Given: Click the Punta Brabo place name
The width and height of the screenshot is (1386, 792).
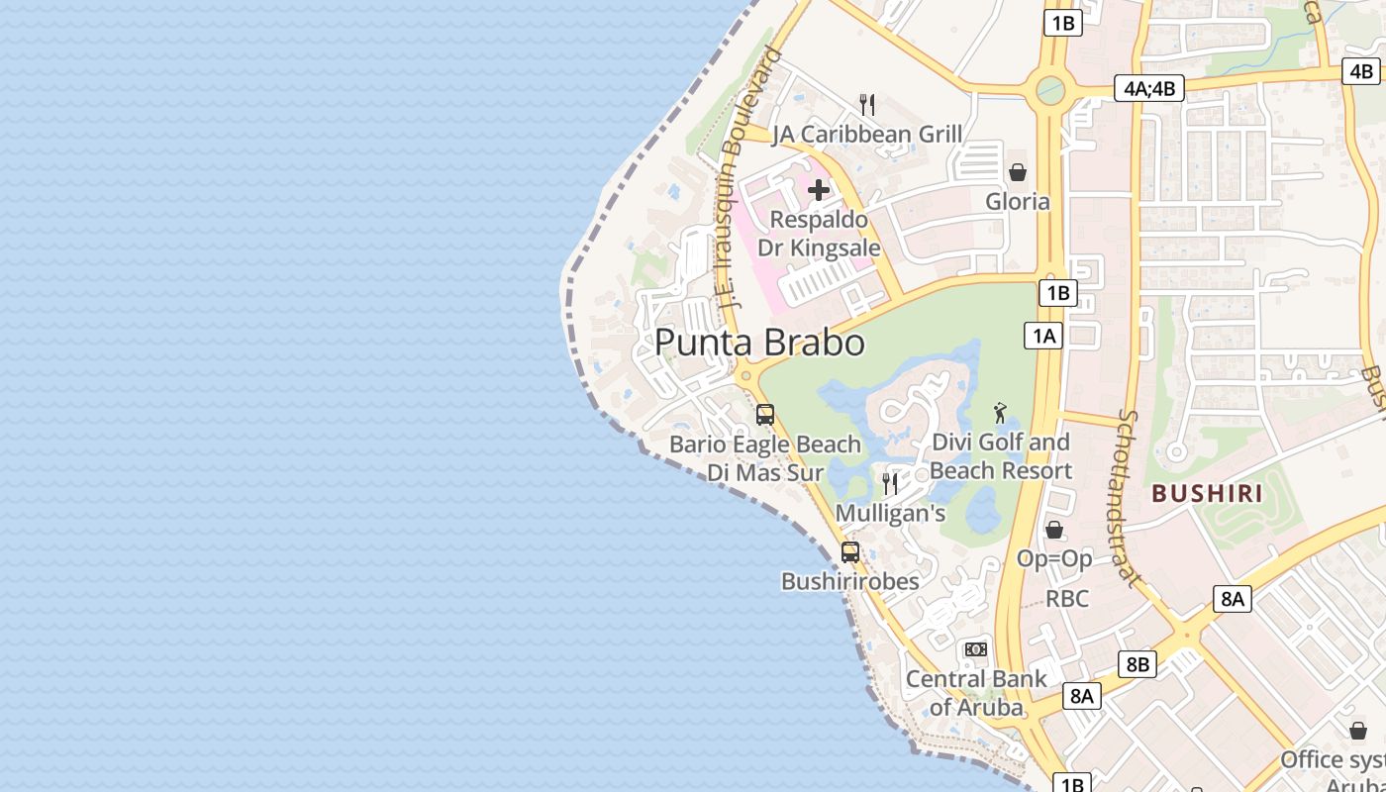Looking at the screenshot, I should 759,343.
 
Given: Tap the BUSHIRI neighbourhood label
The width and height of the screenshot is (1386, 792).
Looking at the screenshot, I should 1207,493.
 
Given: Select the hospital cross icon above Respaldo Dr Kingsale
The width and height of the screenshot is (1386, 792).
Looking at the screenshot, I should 819,190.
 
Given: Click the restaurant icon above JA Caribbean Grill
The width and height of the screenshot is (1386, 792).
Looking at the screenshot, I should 867,105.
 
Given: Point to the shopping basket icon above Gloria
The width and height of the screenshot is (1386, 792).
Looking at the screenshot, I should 1017,173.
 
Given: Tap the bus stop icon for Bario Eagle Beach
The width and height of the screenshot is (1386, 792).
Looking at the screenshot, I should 765,415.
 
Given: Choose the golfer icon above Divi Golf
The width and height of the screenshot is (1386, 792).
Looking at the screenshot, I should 1001,413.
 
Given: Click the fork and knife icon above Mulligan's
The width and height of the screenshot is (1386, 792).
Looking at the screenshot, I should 890,483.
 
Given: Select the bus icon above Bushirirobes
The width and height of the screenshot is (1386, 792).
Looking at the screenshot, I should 850,552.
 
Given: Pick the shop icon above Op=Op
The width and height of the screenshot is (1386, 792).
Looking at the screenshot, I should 1054,531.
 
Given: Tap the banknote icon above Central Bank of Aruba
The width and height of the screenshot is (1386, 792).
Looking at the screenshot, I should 976,649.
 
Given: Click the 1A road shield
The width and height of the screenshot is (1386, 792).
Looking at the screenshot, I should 1043,337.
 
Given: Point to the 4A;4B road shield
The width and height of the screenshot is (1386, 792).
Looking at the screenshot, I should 1148,88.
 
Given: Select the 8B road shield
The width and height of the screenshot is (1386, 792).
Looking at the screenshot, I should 1137,664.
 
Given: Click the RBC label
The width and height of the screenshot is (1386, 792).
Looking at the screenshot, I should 1067,599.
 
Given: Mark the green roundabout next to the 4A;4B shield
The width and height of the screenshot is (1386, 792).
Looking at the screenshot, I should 1049,92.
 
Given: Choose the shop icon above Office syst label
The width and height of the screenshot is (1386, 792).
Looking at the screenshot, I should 1358,731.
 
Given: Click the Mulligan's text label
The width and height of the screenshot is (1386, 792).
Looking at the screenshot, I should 890,514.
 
